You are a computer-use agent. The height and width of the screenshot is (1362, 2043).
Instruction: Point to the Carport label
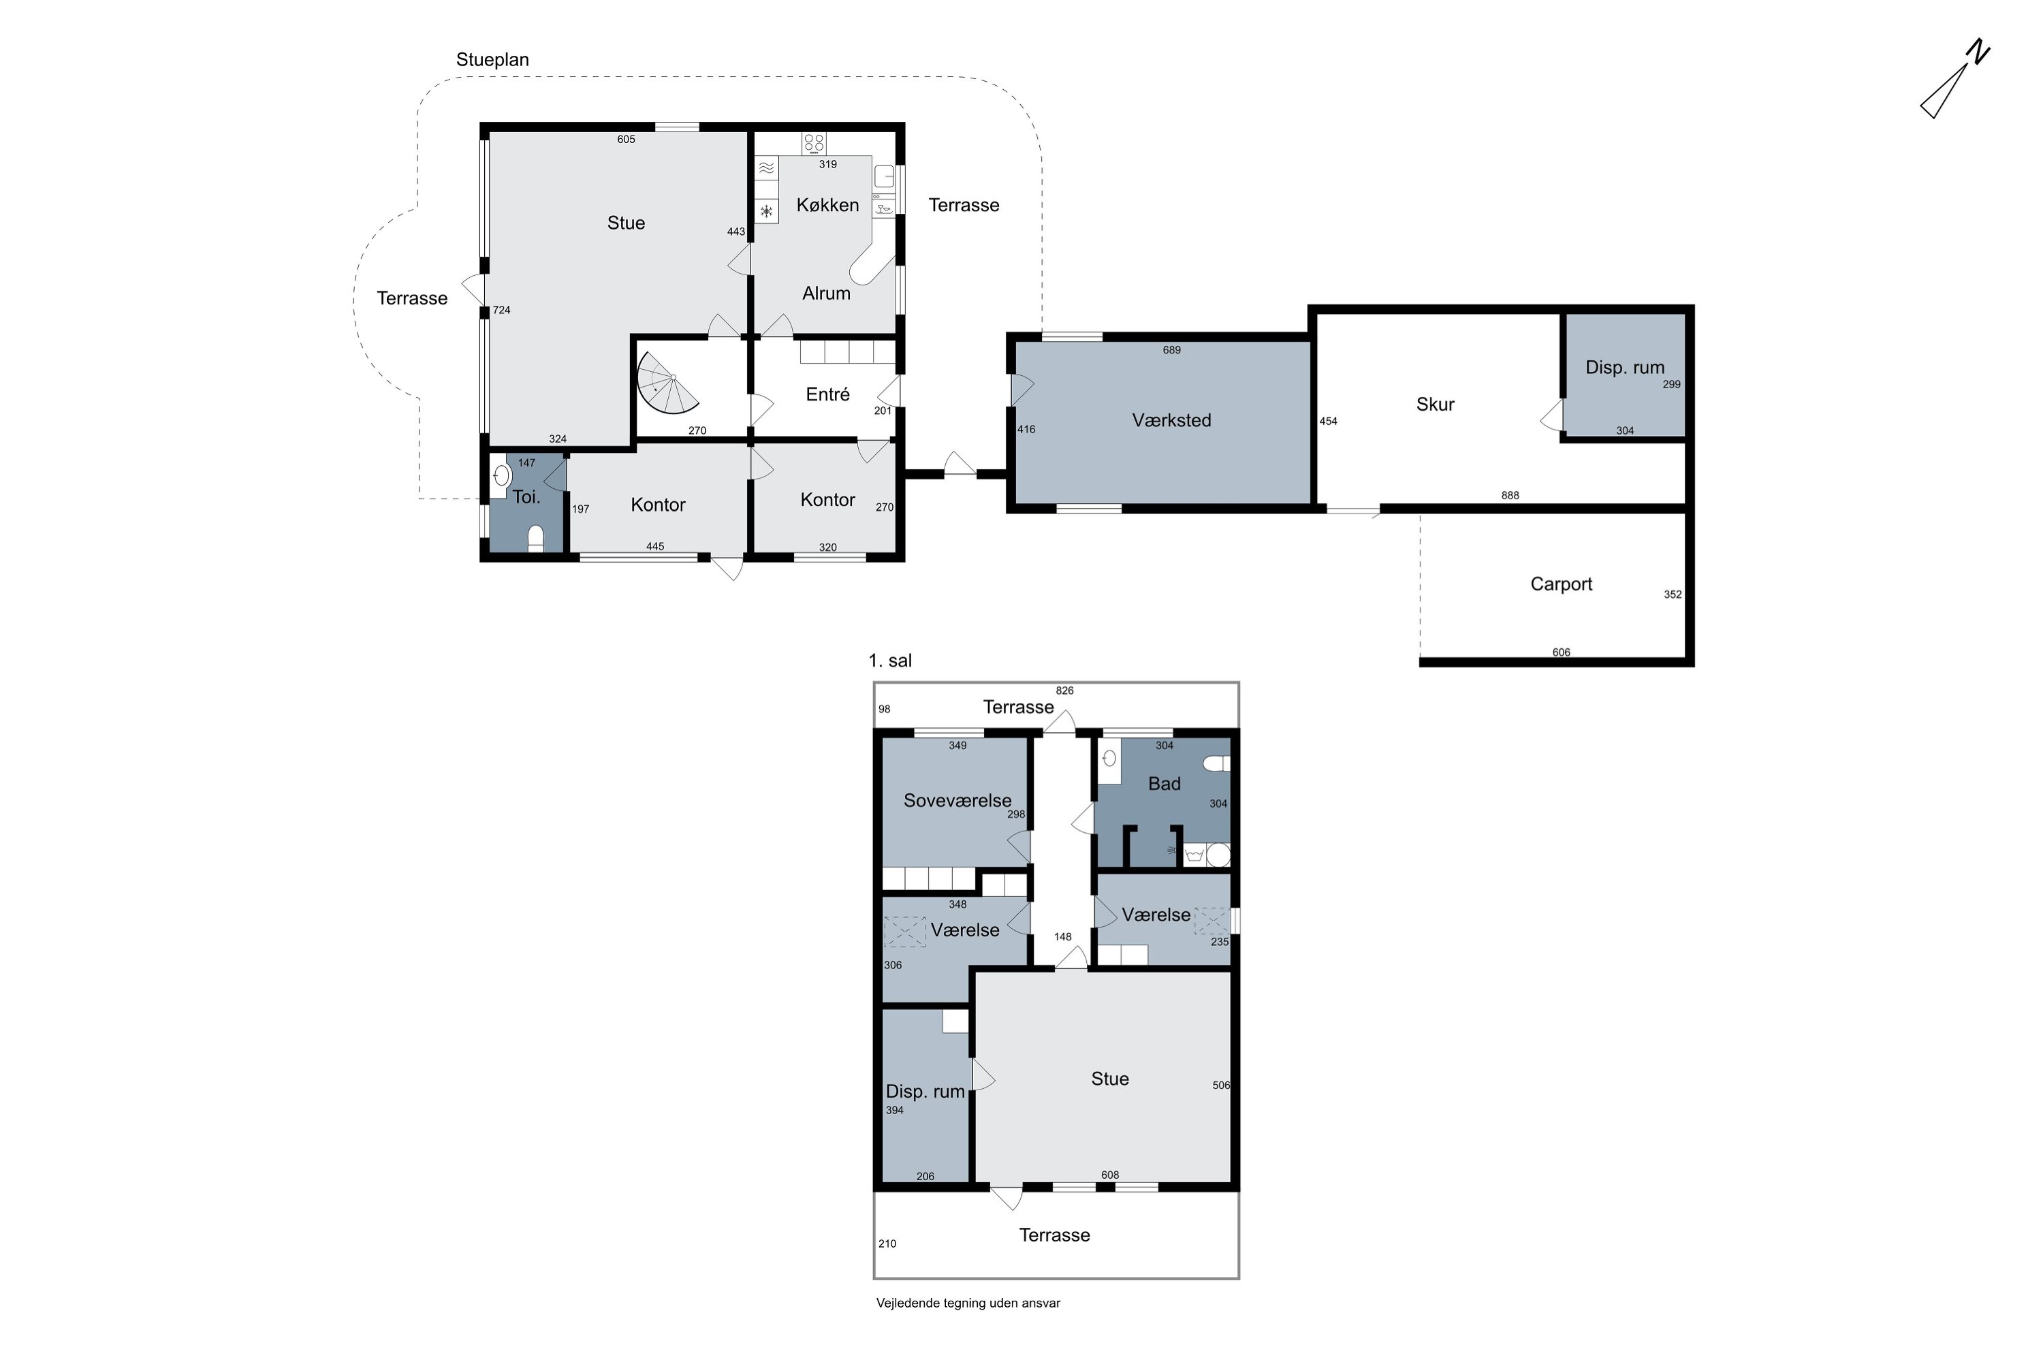coord(1561,584)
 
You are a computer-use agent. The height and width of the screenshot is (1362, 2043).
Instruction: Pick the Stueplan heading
coord(492,60)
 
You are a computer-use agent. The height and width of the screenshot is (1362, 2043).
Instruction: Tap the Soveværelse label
coord(957,800)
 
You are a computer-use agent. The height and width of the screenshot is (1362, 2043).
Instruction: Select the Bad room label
coord(1164,784)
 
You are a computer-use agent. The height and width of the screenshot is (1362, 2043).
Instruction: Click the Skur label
coord(1435,404)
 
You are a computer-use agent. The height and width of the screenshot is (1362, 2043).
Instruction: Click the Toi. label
coord(526,497)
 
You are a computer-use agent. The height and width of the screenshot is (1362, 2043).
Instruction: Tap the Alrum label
coord(826,294)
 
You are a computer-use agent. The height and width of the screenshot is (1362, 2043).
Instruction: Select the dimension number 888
coord(1510,495)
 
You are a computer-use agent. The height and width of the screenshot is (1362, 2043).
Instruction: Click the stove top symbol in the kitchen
coord(814,143)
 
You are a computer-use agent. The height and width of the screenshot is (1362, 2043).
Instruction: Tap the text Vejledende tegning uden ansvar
coord(968,1303)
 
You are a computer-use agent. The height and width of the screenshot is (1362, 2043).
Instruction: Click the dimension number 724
coord(501,310)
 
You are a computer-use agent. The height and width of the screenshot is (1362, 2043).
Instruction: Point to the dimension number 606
coord(1561,652)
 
